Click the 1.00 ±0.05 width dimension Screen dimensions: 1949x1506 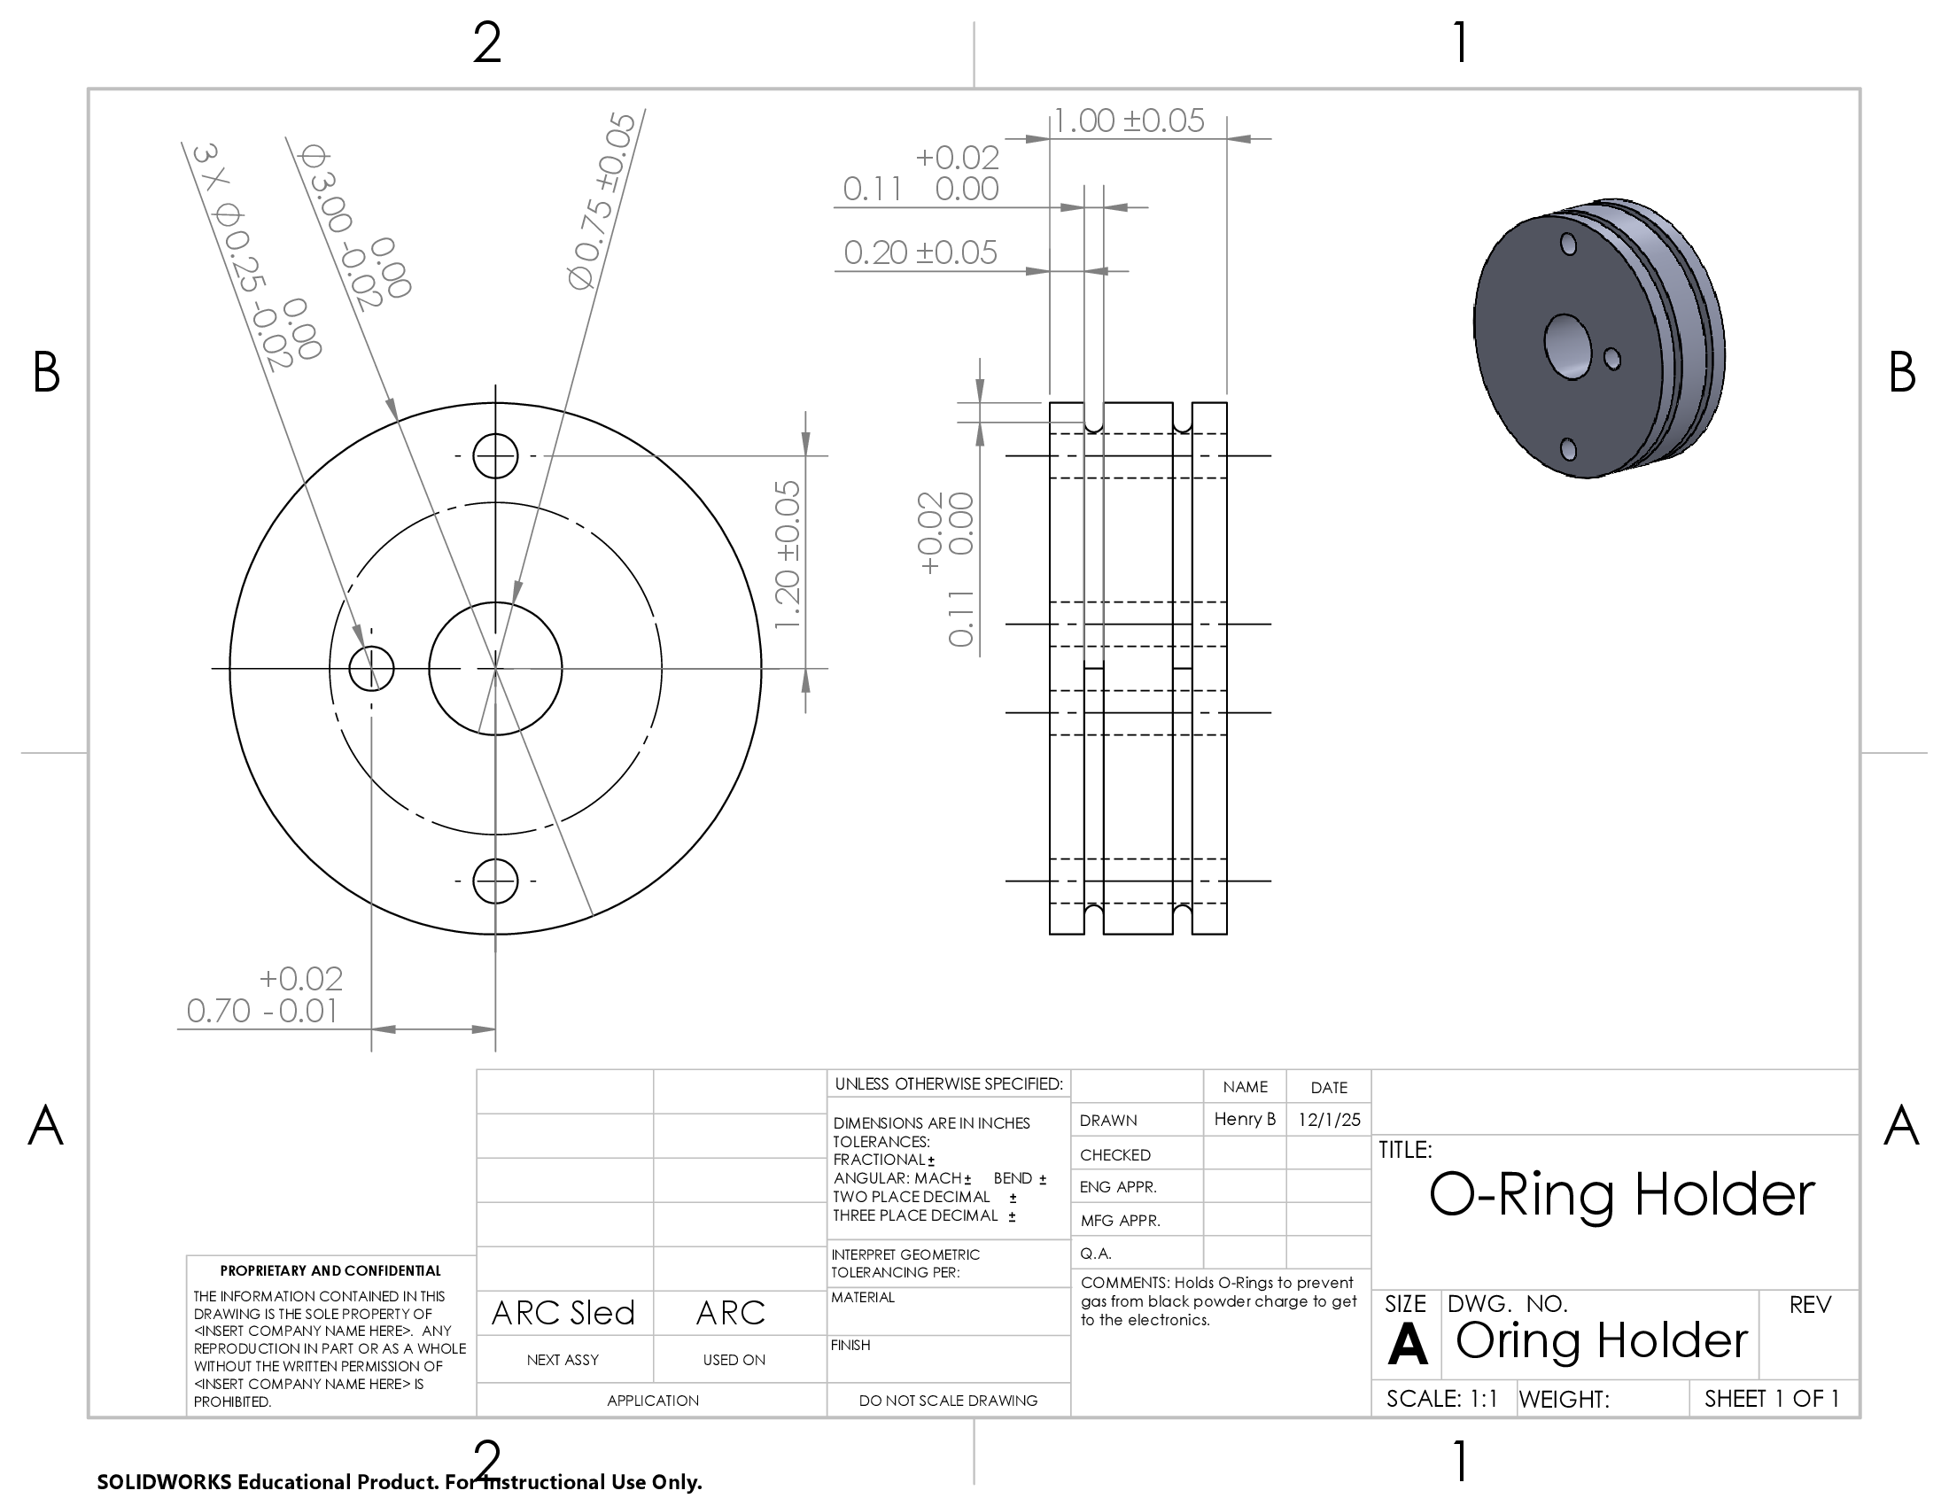1129,120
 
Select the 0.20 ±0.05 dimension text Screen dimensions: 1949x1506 920,252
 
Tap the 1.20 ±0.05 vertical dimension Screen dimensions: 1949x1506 787,554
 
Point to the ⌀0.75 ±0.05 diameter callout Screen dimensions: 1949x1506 602,201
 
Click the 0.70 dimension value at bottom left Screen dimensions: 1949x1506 219,1011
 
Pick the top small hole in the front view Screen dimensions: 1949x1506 495,456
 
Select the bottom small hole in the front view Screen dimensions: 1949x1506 495,881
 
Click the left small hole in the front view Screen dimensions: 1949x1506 371,668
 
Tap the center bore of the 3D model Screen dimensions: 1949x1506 1568,346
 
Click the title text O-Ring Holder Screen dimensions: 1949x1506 1621,1194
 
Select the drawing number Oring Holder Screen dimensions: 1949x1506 1601,1340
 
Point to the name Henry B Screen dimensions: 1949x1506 1245,1119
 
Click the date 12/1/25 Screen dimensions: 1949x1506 1330,1120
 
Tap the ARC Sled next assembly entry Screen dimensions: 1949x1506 563,1312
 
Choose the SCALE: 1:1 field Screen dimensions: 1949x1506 1441,1399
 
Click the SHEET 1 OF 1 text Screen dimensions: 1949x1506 1772,1399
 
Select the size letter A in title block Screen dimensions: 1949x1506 1408,1344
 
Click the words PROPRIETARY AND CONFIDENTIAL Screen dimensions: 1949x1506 330,1270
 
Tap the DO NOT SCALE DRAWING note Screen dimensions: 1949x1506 948,1401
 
